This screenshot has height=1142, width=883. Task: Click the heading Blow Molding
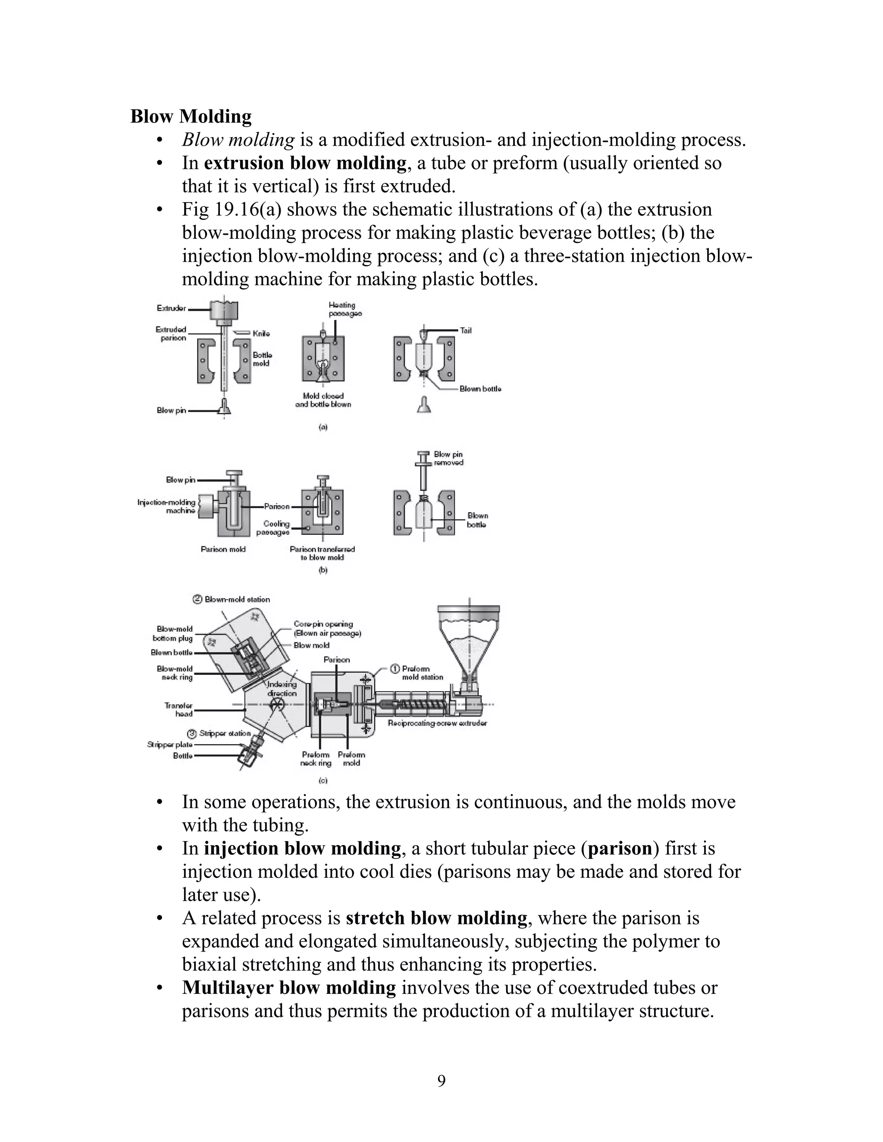[x=191, y=116]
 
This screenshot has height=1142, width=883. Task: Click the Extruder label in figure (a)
[x=171, y=309]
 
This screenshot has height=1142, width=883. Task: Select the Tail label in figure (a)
[x=466, y=331]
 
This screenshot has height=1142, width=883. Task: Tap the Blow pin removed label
[x=448, y=459]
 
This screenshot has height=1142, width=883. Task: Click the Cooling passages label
[x=274, y=527]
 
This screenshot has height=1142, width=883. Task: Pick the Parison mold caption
[x=223, y=549]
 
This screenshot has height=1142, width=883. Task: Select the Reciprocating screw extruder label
[x=437, y=723]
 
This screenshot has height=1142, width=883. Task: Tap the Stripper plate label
[x=170, y=745]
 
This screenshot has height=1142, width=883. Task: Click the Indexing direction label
[x=282, y=689]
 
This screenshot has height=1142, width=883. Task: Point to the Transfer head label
[x=178, y=710]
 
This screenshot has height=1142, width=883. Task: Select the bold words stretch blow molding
[x=436, y=917]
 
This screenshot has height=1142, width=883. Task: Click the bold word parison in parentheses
[x=620, y=848]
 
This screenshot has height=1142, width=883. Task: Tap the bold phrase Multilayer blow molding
[x=289, y=987]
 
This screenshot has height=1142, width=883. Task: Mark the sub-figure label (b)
[x=323, y=571]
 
